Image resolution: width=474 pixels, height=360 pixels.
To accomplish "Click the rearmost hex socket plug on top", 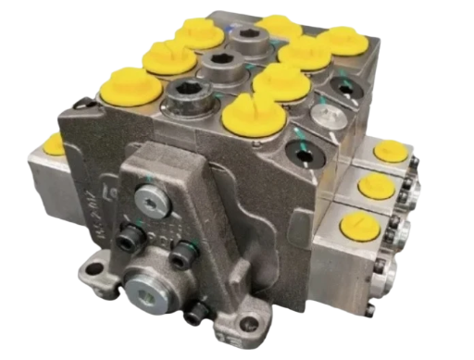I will (x=249, y=39).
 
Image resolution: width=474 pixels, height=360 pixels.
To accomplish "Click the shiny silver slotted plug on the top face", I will (x=325, y=114).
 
